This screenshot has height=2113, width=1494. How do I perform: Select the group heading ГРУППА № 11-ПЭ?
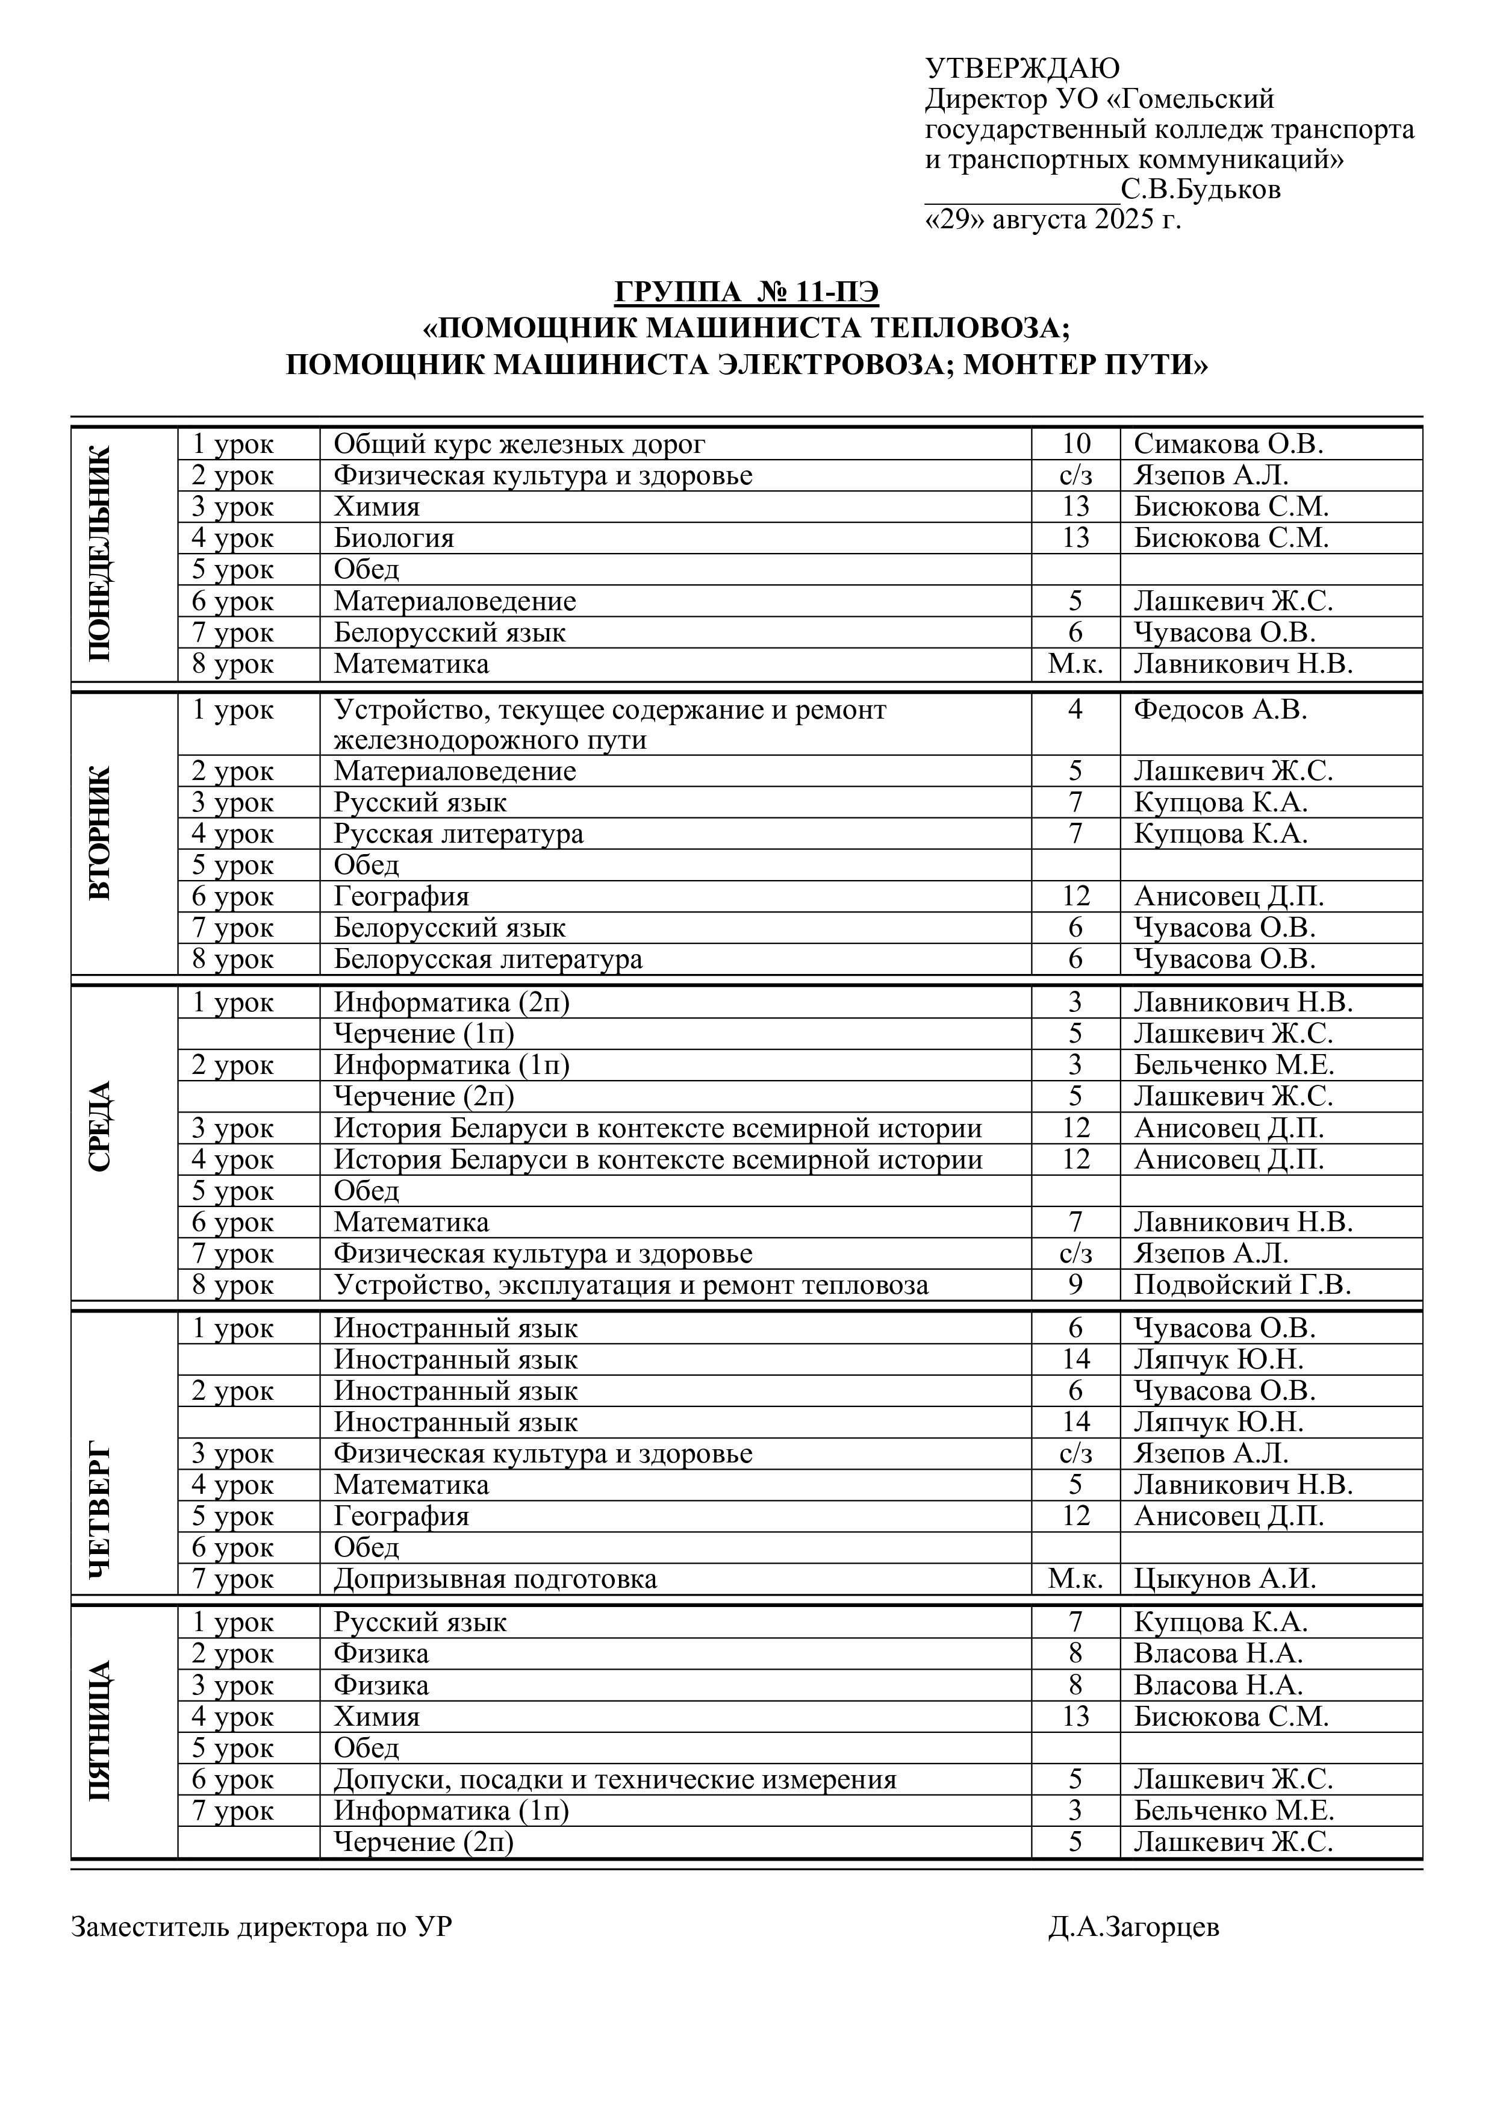tap(746, 293)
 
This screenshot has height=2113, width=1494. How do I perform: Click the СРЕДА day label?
tap(101, 1126)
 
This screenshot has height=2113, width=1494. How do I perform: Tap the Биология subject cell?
tap(394, 538)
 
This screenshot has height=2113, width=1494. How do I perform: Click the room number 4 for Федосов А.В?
tap(1075, 710)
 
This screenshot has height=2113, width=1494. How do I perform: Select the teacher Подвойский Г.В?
tap(1242, 1285)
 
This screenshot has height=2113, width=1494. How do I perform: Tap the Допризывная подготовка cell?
tap(495, 1579)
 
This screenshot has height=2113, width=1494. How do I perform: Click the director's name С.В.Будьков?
tap(1201, 190)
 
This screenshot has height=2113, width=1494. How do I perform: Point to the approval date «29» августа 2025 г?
tap(1053, 221)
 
